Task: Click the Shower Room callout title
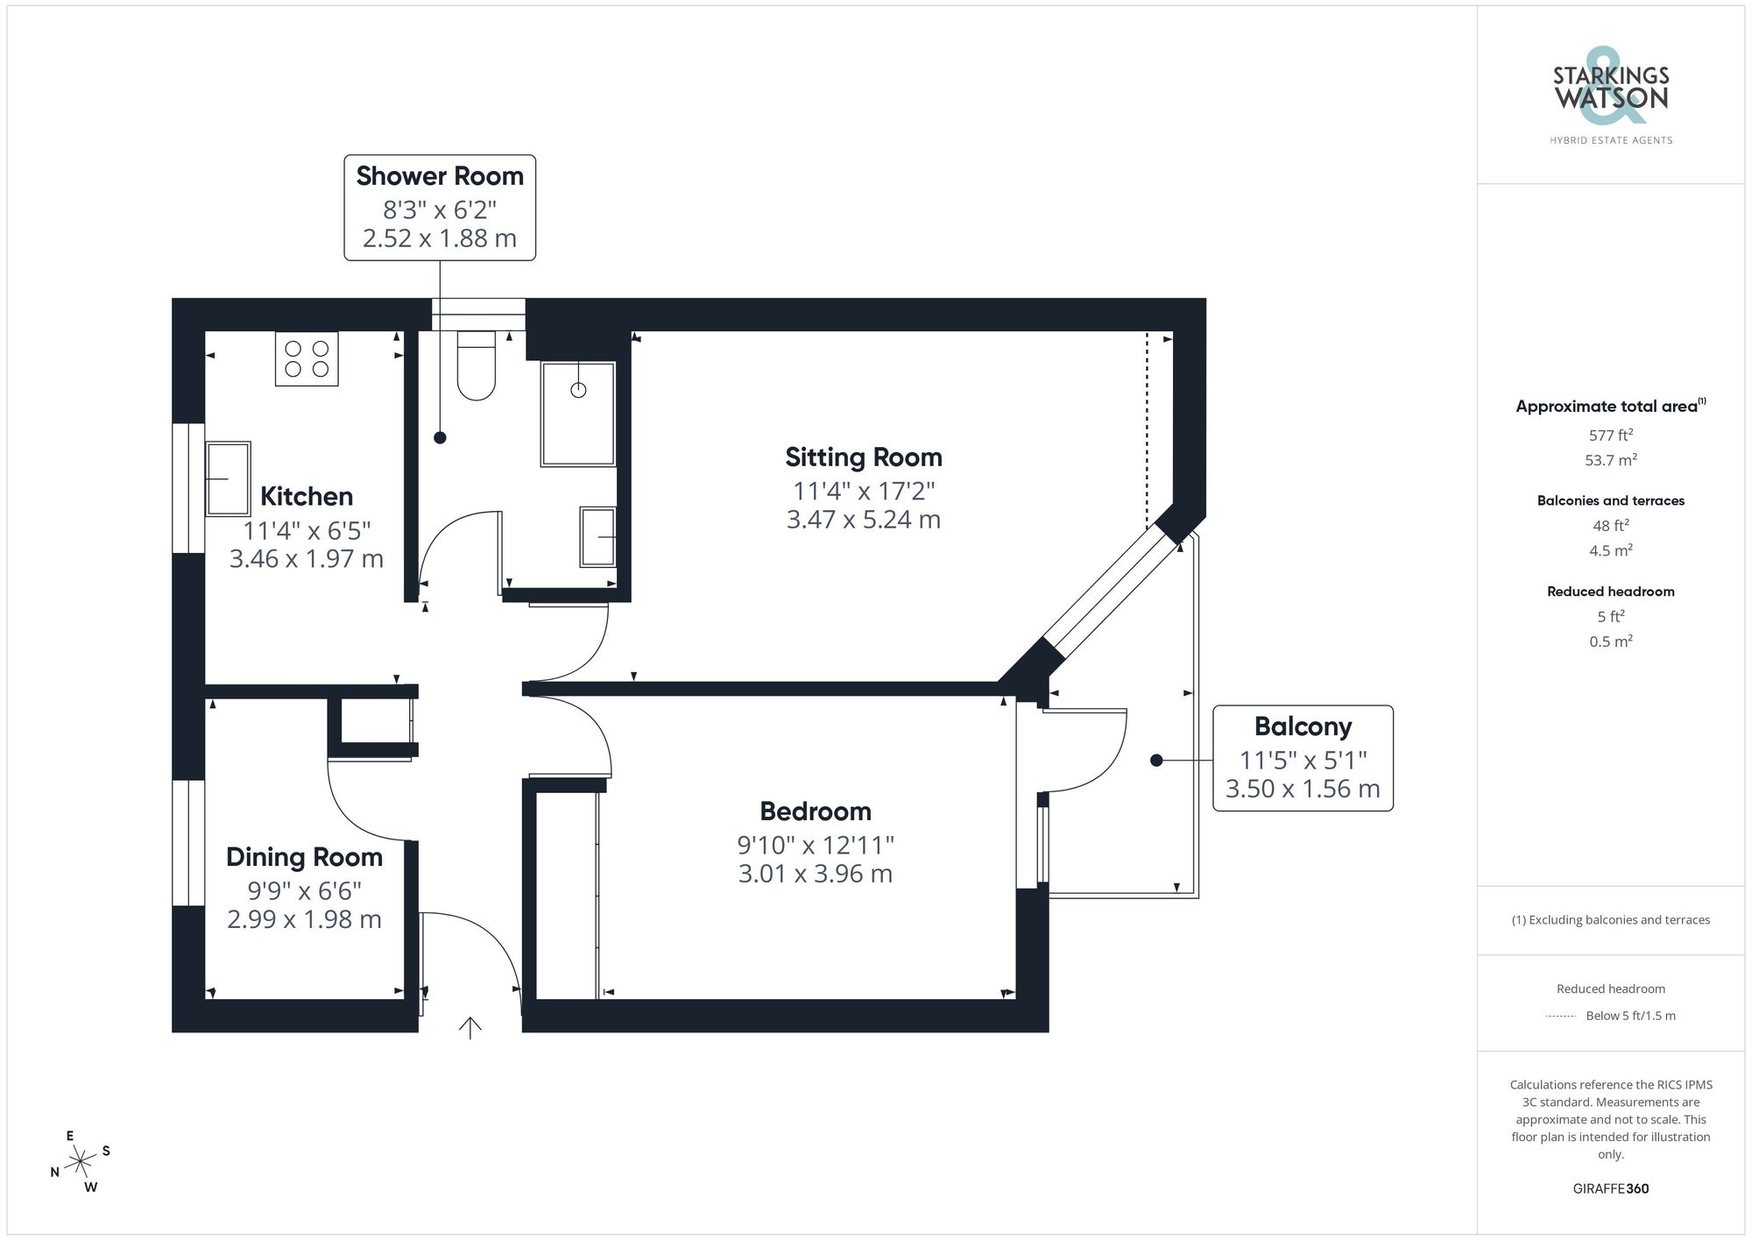[440, 176]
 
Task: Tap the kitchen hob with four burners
[307, 358]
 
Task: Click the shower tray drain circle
[578, 390]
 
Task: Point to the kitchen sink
[228, 478]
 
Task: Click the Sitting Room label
[863, 457]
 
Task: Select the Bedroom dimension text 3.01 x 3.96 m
[815, 874]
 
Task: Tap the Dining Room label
[304, 857]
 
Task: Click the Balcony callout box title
[1303, 726]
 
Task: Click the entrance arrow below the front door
[470, 1027]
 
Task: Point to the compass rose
[81, 1162]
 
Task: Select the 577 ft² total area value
[1610, 435]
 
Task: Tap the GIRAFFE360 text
[1610, 1188]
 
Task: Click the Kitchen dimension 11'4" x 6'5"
[307, 530]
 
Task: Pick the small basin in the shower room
[597, 536]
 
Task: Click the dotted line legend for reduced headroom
[1561, 1017]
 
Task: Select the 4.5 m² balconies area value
[1610, 550]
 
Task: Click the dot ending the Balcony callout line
[1156, 760]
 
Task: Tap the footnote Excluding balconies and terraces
[1610, 920]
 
